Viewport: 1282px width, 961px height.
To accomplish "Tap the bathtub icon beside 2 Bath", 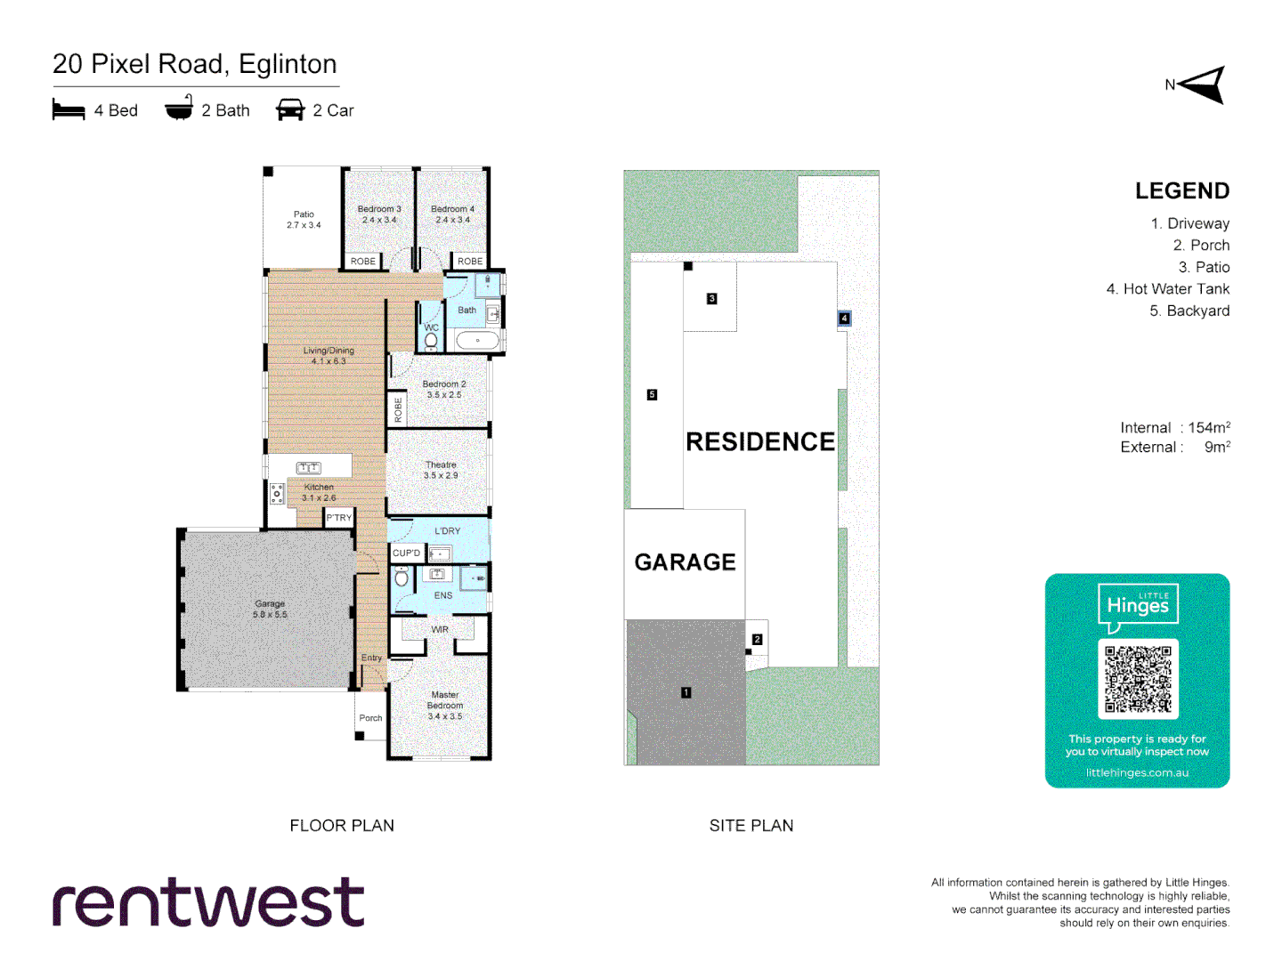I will pos(179,109).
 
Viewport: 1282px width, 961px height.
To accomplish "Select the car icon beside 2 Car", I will pos(290,109).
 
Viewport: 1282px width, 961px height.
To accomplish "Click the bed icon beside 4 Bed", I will pos(69,110).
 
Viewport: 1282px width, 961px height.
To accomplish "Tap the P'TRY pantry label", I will pos(339,518).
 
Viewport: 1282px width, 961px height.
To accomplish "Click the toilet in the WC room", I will pos(431,341).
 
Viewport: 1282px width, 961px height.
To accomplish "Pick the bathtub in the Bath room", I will pos(478,341).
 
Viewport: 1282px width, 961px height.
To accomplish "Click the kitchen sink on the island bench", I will pos(309,467).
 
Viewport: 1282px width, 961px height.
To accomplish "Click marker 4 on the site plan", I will pos(844,318).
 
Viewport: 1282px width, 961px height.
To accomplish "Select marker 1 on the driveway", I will pos(686,692).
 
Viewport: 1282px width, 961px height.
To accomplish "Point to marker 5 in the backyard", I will pos(652,394).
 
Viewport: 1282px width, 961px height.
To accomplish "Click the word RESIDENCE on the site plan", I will pos(760,441).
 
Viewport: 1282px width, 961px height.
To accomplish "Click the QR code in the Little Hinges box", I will pos(1138,679).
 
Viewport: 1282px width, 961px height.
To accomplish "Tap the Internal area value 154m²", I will pos(1209,428).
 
